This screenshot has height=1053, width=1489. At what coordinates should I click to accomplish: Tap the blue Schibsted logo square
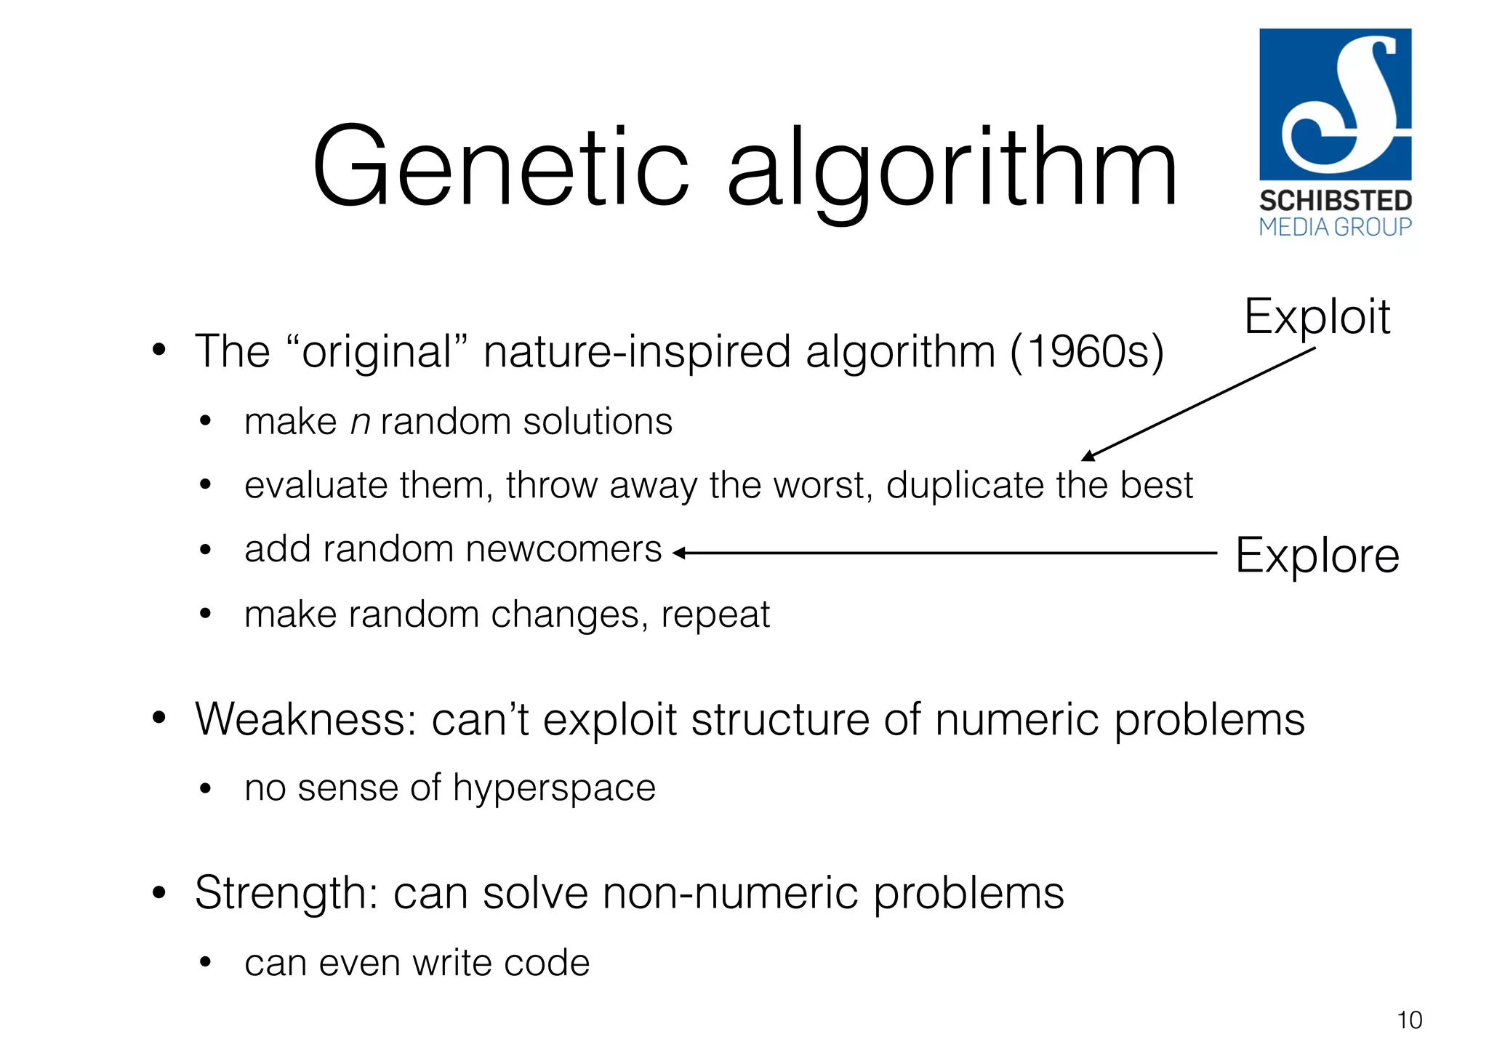(1335, 104)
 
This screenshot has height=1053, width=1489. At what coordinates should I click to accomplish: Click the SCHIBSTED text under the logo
(1335, 201)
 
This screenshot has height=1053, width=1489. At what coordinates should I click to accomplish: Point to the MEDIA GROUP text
(1335, 228)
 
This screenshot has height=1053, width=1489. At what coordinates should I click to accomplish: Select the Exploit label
(1317, 317)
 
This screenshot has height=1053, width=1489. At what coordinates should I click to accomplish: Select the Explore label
(1317, 556)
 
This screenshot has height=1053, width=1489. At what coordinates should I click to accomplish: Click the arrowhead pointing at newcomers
(678, 553)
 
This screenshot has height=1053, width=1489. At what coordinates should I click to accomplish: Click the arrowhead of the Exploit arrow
(1087, 457)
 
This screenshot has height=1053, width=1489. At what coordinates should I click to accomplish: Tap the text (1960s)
(1086, 352)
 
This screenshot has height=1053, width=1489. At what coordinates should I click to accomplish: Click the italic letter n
(361, 423)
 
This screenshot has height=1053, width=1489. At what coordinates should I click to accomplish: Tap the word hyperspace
(554, 788)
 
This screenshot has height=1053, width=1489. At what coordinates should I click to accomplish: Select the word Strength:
(286, 893)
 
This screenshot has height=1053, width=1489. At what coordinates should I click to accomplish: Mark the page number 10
(1409, 1020)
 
